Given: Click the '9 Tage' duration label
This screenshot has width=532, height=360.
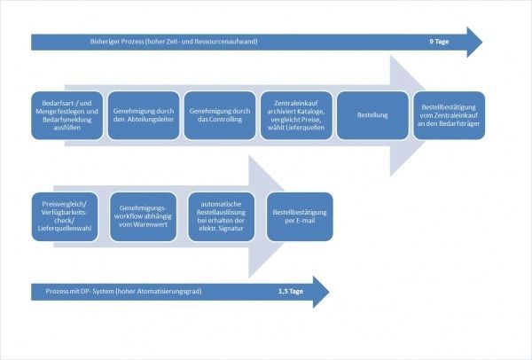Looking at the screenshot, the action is tap(439, 42).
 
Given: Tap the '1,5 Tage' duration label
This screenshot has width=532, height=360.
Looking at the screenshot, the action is tap(291, 291).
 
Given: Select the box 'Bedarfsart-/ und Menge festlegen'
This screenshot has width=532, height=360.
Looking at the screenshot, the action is tap(66, 115).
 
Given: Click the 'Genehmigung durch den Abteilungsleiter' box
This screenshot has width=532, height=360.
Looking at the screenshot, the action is tap(144, 115).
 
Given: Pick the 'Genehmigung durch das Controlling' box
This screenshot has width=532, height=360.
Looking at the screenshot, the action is tap(220, 115).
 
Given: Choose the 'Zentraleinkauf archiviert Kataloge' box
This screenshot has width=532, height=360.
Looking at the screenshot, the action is tap(296, 115).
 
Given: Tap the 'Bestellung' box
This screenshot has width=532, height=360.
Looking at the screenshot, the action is tap(372, 115).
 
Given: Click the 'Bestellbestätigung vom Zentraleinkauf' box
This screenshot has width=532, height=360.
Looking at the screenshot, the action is tap(449, 115).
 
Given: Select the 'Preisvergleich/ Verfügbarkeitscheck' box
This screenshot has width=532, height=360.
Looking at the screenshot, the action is tap(65, 217).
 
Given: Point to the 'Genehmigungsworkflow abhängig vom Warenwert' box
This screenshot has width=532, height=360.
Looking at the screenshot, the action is tap(143, 217).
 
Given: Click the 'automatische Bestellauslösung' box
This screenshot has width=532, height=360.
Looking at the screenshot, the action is tap(221, 217).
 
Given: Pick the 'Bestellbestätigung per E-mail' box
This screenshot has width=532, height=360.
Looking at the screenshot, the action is tap(300, 217).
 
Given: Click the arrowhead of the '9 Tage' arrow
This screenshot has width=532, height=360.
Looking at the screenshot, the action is tap(481, 43).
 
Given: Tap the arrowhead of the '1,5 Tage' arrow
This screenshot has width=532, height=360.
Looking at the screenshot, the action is tap(329, 292).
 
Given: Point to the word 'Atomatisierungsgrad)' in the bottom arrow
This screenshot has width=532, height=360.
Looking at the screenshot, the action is tap(169, 291).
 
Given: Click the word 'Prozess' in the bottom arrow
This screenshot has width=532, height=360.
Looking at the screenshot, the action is tap(57, 291).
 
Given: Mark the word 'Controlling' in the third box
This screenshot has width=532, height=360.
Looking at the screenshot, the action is tap(225, 120).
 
